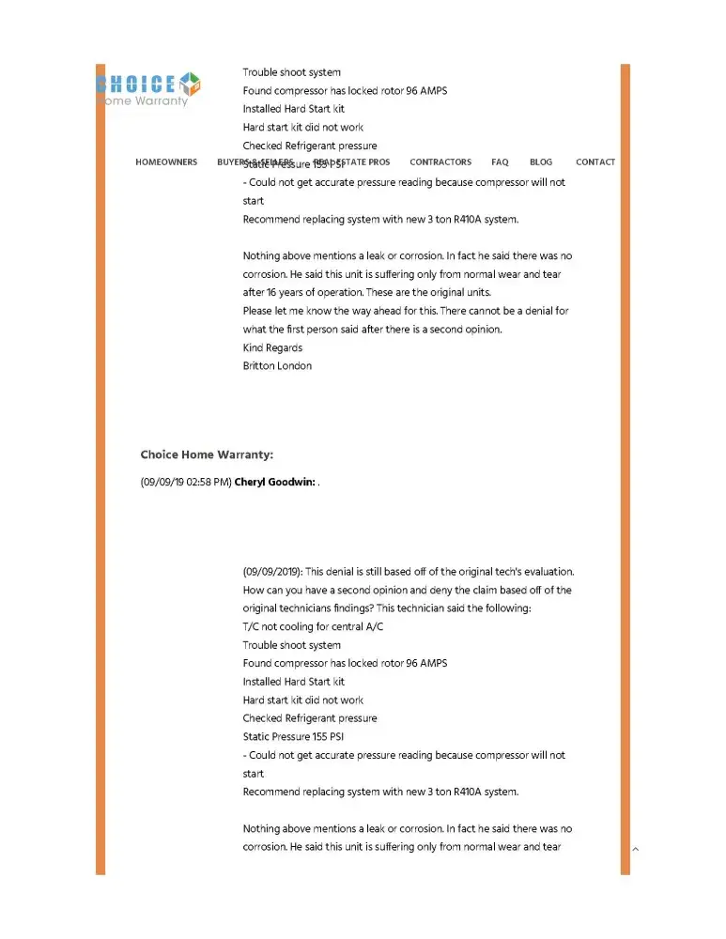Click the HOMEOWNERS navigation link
166,162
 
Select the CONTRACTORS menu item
440,162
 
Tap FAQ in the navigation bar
500,162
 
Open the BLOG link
541,162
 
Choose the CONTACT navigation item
595,162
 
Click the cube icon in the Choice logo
191,83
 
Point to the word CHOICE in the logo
136,84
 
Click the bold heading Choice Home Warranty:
207,455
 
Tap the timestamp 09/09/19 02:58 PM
186,483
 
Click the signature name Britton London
277,365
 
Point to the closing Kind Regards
272,347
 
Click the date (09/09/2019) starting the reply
272,572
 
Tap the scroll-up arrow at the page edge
636,850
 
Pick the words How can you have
282,591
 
